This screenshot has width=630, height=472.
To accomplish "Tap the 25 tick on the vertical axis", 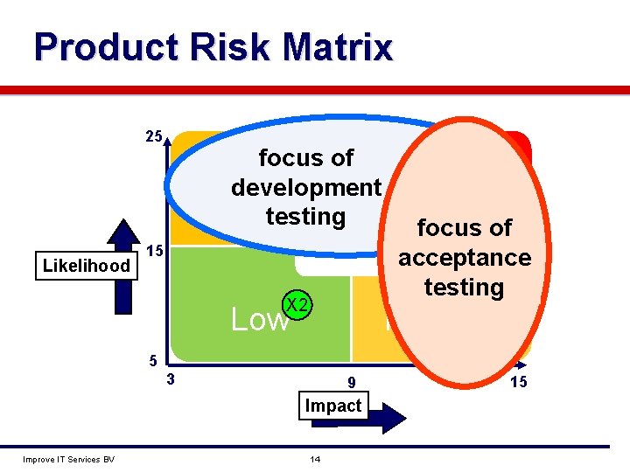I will [152, 137].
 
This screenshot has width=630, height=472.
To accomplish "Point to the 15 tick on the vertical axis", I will [154, 251].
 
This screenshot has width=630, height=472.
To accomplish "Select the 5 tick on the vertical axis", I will [151, 360].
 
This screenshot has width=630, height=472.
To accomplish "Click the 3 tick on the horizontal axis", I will [171, 379].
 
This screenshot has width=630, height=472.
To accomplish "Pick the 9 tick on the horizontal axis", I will [351, 382].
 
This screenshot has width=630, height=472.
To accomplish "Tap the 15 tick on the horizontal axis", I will [518, 382].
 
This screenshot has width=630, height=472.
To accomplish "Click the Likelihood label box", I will [87, 266].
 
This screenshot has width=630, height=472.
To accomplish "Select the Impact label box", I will [333, 406].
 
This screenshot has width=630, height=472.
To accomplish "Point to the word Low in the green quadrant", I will [258, 320].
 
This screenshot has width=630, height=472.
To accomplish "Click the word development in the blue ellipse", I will [306, 187].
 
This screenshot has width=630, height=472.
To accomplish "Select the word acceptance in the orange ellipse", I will [465, 258].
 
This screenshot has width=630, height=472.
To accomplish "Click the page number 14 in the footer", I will [315, 460].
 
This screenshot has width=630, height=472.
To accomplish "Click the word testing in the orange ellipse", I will [464, 288].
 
